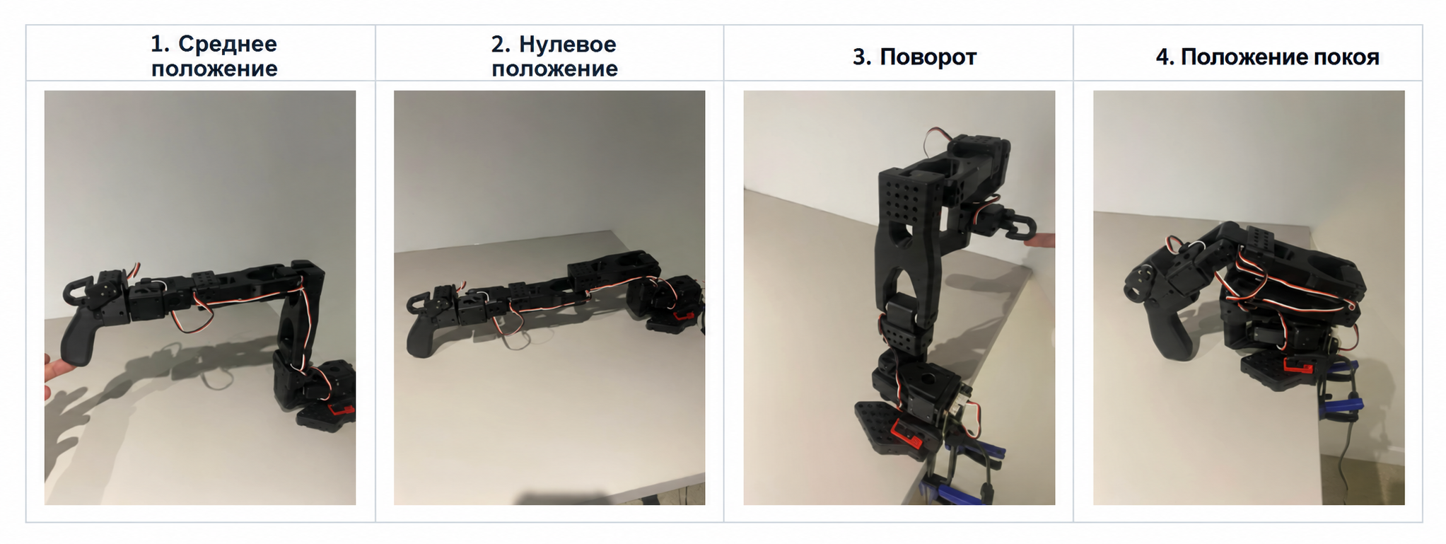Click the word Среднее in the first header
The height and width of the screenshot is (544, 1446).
pyautogui.click(x=227, y=44)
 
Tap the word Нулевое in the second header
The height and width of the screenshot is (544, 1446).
pyautogui.click(x=567, y=44)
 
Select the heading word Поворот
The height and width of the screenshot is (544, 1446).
pyautogui.click(x=928, y=57)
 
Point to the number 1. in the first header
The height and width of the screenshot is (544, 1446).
pyautogui.click(x=160, y=44)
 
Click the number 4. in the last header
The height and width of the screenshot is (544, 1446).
pyautogui.click(x=1165, y=57)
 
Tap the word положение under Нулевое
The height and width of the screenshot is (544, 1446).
pyautogui.click(x=554, y=69)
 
